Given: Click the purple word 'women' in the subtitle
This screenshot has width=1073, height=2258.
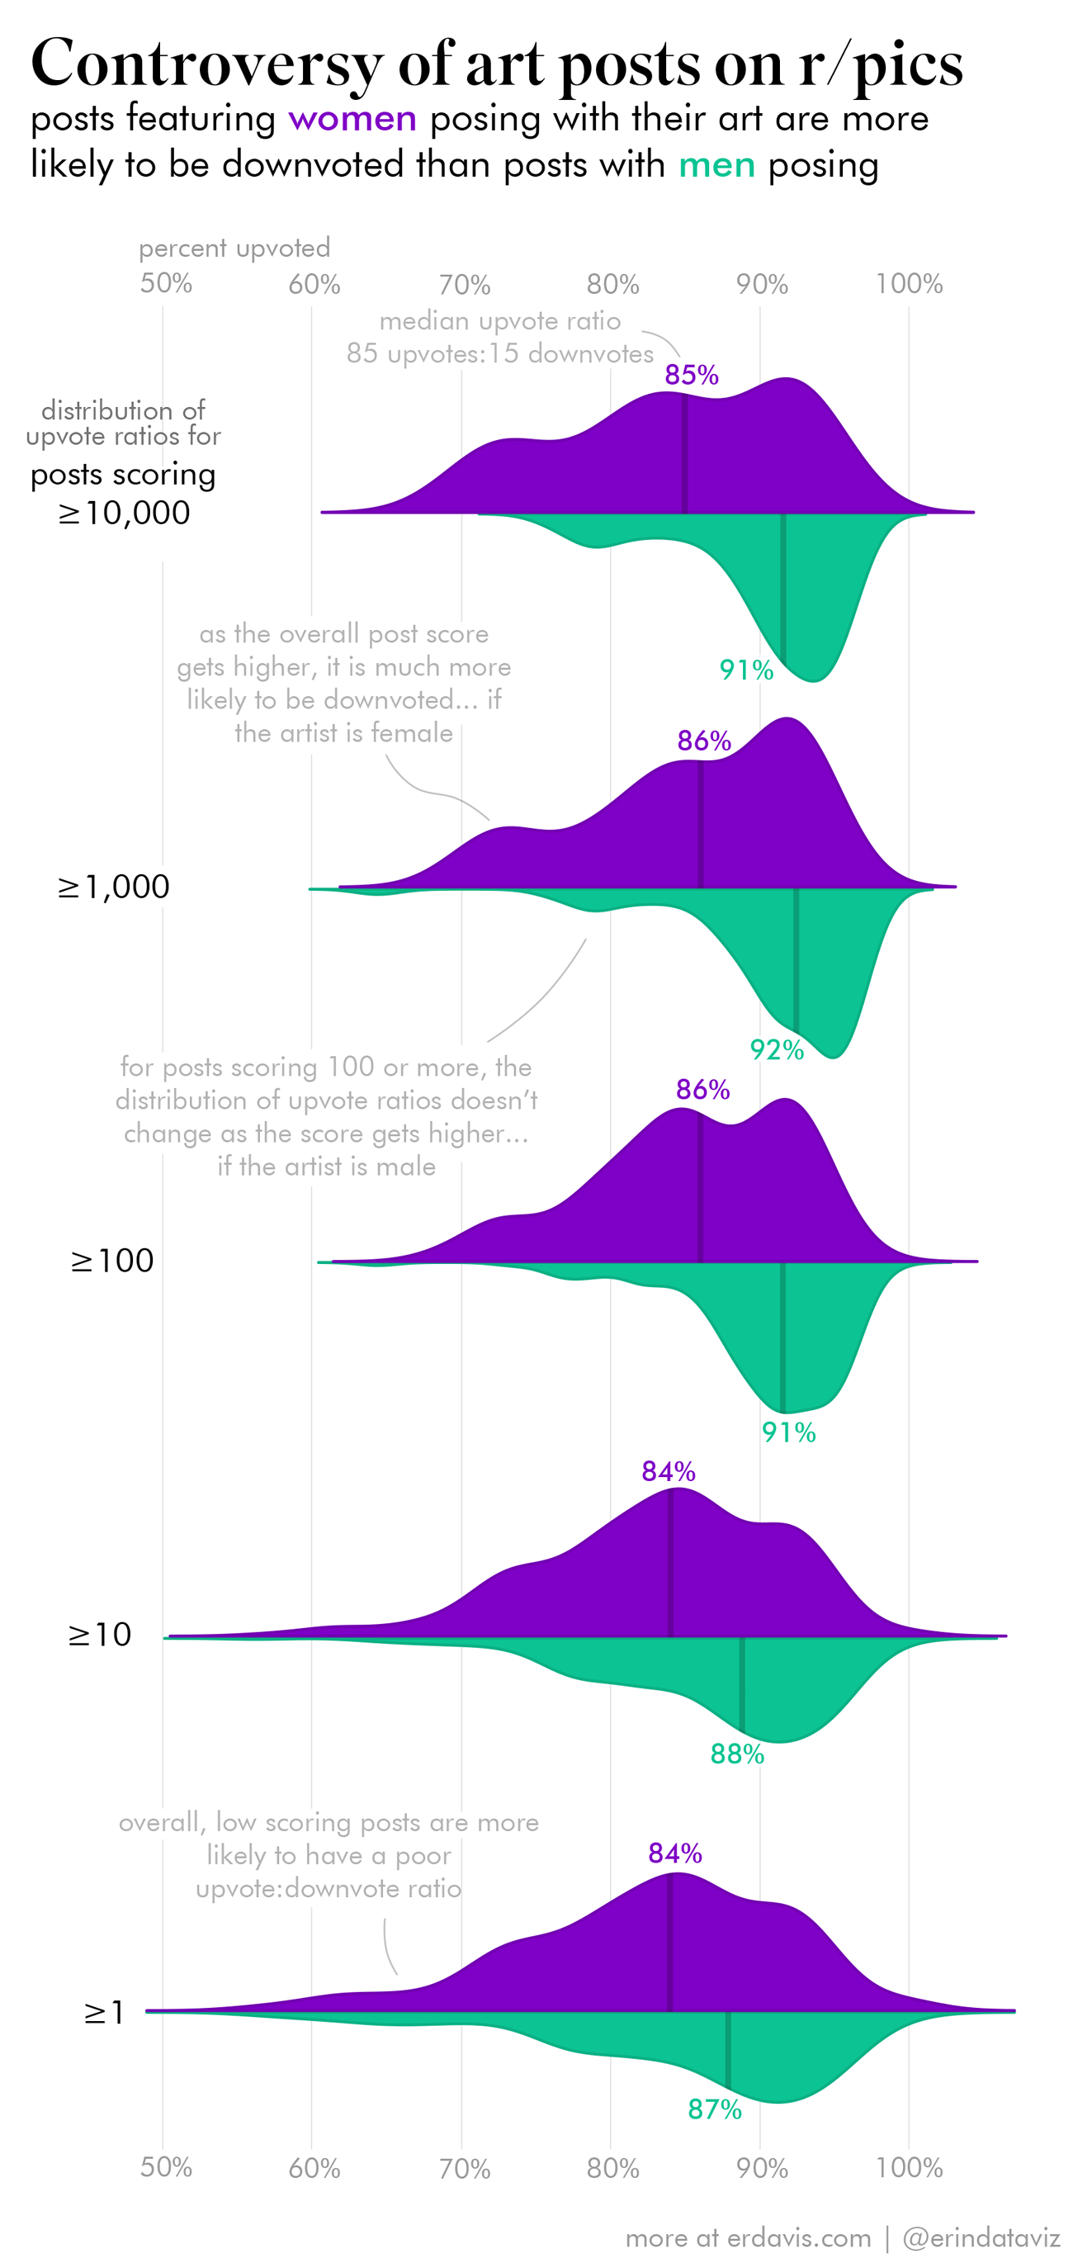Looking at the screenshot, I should point(352,118).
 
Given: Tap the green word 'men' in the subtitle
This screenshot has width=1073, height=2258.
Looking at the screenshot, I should point(716,165).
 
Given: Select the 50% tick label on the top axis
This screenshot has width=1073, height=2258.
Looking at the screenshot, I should point(166,283).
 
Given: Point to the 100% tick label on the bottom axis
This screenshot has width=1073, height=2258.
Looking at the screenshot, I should point(909,2168).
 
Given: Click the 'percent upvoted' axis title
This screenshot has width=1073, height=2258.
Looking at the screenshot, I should point(234,248).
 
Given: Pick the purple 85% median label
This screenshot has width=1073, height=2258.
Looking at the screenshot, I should point(691,375).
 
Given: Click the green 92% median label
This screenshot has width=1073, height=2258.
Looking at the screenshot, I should point(777,1049).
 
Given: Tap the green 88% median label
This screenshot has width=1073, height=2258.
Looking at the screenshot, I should point(737,1754).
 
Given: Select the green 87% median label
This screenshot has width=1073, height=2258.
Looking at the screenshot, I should point(715,2109).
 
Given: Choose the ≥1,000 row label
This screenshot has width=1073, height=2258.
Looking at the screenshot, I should point(114,887).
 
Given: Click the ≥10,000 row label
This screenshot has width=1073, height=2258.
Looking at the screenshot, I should point(124,513).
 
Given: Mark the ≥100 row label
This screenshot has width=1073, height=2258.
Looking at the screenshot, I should point(112,1261).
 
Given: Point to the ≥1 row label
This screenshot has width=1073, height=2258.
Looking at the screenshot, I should point(104,2013).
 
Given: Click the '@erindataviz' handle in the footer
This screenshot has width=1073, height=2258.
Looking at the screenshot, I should point(981,2238).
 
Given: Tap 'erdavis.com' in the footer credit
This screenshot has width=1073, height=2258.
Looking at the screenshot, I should point(799,2238).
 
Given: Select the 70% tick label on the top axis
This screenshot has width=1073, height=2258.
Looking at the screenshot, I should point(464,284).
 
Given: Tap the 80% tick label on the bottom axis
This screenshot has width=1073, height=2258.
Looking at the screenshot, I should point(612,2168).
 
